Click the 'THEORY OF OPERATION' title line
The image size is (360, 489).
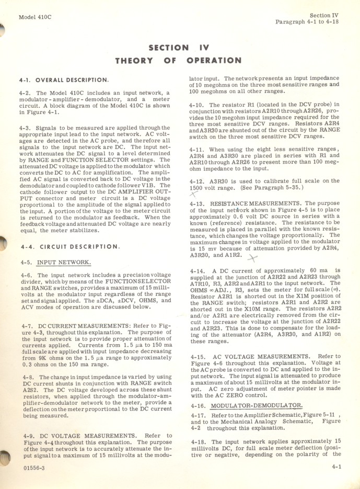pos(178,61)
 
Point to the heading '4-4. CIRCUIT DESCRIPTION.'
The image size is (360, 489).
pos(69,246)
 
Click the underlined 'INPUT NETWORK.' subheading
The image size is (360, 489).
pos(64,262)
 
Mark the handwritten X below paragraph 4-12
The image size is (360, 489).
pos(194,194)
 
